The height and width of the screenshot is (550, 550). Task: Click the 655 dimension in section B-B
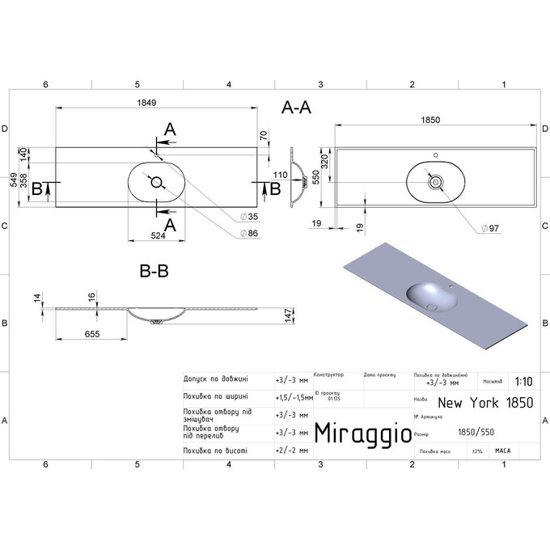pos(94,332)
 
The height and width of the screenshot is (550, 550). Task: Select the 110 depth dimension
pos(281,174)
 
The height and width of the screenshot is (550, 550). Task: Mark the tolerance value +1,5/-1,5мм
pos(294,397)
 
